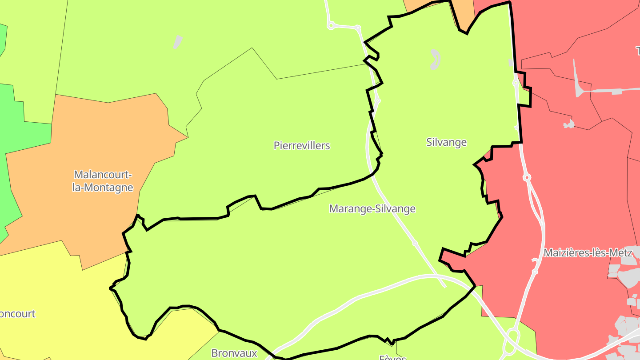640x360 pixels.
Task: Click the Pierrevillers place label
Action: coord(302,145)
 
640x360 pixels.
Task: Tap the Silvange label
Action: coord(446,142)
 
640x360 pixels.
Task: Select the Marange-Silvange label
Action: coord(372,208)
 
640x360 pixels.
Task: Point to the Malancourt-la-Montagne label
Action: coord(103,181)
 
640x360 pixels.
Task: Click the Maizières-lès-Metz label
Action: coord(588,253)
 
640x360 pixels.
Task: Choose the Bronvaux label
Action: coord(234,353)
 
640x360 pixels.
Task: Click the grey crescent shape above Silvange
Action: coord(435,59)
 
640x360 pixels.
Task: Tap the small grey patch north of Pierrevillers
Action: coord(177,42)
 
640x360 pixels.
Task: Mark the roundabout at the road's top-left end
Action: coord(330,26)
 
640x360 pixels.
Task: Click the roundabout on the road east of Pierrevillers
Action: coord(377,100)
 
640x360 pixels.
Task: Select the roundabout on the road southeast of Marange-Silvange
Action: coord(414,243)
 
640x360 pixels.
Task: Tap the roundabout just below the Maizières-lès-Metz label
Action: coord(535,271)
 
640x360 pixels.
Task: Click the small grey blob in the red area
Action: coord(568,124)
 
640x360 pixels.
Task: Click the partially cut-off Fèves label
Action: coord(392,357)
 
